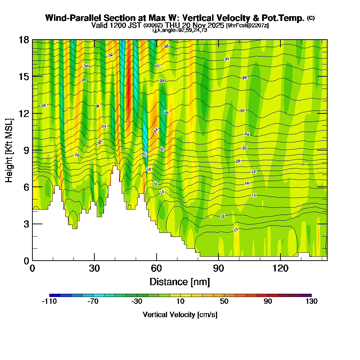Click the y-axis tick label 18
pyautogui.click(x=24, y=40)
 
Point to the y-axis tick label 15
pyautogui.click(x=24, y=77)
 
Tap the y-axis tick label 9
pyautogui.click(x=26, y=150)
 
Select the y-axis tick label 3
pyautogui.click(x=26, y=224)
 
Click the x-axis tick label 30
pyautogui.click(x=94, y=268)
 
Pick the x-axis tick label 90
pyautogui.click(x=219, y=268)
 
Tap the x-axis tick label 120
pyautogui.click(x=280, y=268)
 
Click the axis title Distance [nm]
pyautogui.click(x=180, y=281)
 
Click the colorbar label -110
pyautogui.click(x=49, y=302)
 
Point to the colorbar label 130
pyautogui.click(x=311, y=302)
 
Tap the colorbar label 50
pyautogui.click(x=224, y=302)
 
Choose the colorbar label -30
pyautogui.click(x=137, y=302)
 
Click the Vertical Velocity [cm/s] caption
pyautogui.click(x=180, y=315)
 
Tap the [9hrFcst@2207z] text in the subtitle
pyautogui.click(x=247, y=26)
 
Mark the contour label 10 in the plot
pyautogui.click(x=236, y=230)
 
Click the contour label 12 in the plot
pyautogui.click(x=222, y=216)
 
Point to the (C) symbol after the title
pyautogui.click(x=311, y=18)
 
